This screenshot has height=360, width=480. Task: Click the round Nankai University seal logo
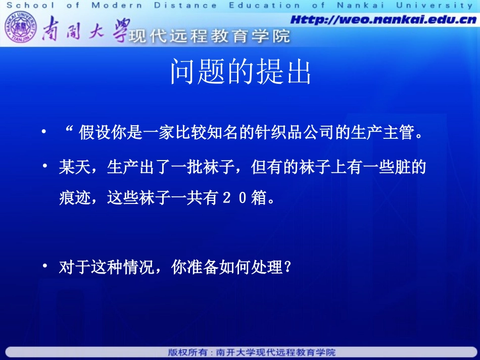point(21,29)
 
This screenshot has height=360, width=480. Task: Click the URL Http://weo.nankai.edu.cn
point(383,20)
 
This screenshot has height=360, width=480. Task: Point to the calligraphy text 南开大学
point(85,30)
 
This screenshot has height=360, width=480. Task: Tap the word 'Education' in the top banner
point(265,6)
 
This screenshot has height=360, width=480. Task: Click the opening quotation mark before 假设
point(70,131)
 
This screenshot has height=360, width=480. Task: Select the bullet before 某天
point(45,166)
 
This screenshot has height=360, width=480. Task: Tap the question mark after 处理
point(289,267)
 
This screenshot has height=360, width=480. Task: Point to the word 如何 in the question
point(232,267)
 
